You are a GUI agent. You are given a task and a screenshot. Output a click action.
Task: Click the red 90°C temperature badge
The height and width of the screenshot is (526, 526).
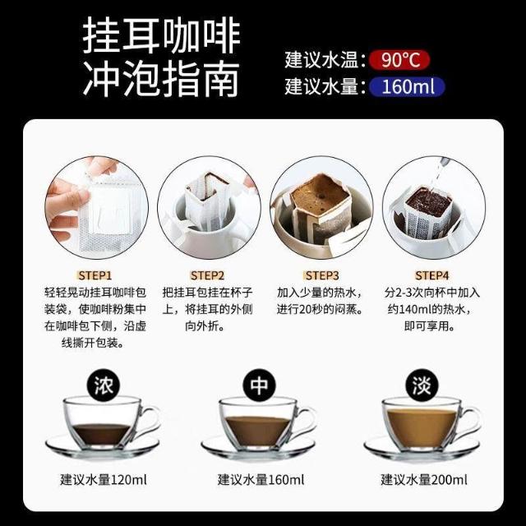pos(399,60)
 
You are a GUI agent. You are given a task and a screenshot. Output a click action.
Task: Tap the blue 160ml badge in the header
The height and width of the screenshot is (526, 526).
pos(407,86)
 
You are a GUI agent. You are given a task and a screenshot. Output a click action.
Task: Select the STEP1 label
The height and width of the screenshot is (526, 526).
pos(95,275)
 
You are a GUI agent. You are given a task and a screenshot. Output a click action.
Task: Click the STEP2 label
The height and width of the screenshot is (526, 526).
pos(207,275)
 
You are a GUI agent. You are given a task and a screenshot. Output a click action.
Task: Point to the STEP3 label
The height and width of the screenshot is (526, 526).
pos(321,275)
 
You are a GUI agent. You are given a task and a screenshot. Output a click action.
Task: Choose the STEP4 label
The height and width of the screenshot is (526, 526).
pos(432,275)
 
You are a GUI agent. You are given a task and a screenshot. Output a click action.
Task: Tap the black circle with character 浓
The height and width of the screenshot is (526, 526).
pos(104,385)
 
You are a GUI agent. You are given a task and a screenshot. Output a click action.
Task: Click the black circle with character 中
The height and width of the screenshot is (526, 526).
pos(260,385)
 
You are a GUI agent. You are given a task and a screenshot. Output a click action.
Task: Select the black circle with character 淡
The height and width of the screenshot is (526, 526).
pos(422,385)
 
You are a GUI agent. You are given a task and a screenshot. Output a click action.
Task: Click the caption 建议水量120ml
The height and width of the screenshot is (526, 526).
pos(104,480)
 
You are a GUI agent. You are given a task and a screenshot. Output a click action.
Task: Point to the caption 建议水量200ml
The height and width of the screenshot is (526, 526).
pos(424,480)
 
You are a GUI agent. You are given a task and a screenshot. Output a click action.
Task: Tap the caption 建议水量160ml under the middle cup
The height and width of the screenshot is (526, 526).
pos(261,480)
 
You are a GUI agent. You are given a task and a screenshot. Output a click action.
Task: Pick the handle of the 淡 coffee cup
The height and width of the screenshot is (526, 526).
pos(471,422)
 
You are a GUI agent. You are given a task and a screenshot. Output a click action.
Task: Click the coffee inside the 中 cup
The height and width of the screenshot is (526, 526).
pos(257,430)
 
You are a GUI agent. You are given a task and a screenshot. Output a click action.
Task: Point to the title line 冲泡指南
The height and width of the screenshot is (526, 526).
pos(161,78)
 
